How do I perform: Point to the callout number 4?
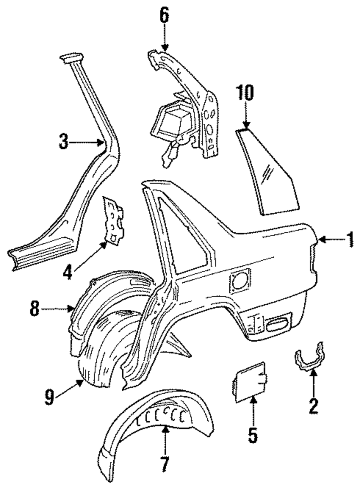click(67, 272)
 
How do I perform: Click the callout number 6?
click(164, 15)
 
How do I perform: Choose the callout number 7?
click(165, 465)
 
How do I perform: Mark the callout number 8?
click(35, 309)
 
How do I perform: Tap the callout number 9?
click(49, 396)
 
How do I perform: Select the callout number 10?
click(245, 93)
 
